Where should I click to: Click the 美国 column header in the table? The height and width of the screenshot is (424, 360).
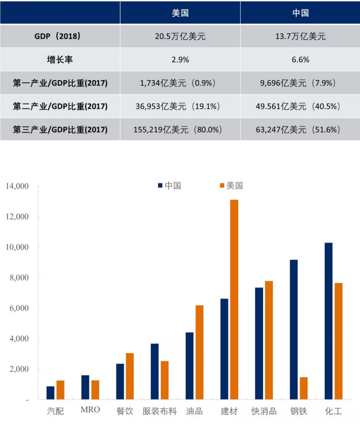pyautogui.click(x=180, y=13)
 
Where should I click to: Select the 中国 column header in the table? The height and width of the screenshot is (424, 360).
pyautogui.click(x=300, y=13)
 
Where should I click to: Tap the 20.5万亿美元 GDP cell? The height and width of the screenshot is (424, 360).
pyautogui.click(x=180, y=37)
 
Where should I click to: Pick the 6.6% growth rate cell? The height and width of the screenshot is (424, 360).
pyautogui.click(x=300, y=60)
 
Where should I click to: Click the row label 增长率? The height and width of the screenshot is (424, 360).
pyautogui.click(x=60, y=60)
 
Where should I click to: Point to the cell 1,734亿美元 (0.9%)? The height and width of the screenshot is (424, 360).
pyautogui.click(x=180, y=83)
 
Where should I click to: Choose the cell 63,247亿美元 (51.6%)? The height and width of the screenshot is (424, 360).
pyautogui.click(x=300, y=129)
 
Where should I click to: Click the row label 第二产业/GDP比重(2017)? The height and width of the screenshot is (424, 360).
pyautogui.click(x=60, y=106)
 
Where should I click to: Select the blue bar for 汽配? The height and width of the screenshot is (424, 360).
pyautogui.click(x=51, y=393)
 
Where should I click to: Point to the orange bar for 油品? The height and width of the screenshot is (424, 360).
pyautogui.click(x=199, y=352)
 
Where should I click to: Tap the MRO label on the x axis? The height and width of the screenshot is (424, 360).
pyautogui.click(x=89, y=411)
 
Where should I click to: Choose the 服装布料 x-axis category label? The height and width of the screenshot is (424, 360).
pyautogui.click(x=159, y=411)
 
